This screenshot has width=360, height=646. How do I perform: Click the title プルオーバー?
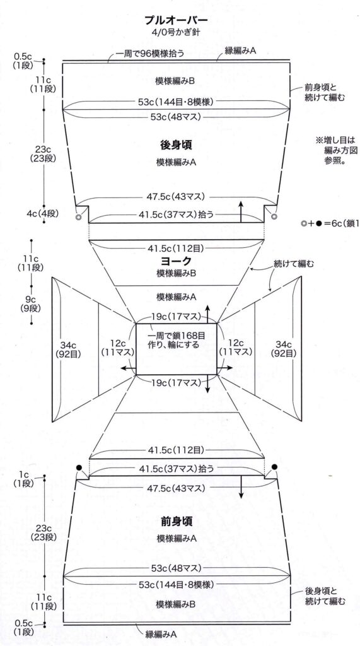tap(176, 20)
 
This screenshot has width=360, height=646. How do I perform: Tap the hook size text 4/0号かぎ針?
tap(175, 32)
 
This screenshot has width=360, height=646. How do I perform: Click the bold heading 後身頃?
tap(176, 144)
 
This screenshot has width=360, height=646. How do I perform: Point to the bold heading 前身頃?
tap(176, 521)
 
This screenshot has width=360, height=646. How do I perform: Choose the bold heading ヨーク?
tap(176, 261)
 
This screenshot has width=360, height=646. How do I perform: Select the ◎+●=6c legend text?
tap(331, 224)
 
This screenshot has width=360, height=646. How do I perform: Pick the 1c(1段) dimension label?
tap(25, 479)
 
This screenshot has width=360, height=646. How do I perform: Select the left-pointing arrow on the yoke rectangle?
tap(128, 367)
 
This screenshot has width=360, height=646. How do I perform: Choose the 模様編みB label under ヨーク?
tap(176, 273)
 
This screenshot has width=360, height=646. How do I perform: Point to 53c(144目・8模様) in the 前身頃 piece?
tap(176, 584)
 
